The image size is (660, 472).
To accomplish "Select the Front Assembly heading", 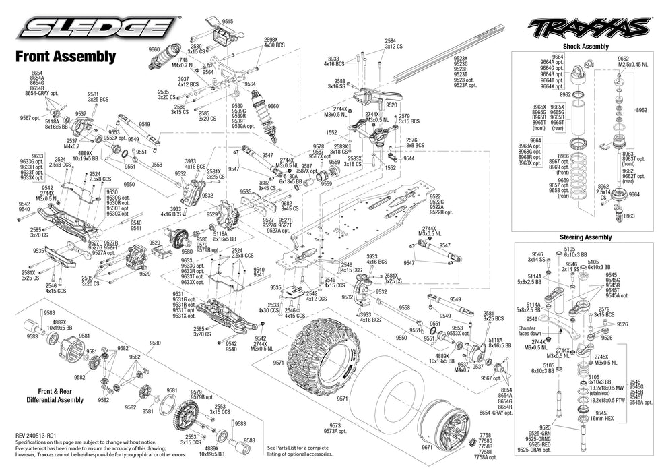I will click(65, 57).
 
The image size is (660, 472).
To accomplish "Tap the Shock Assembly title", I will click(585, 47).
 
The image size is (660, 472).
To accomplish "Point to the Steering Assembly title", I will click(585, 237).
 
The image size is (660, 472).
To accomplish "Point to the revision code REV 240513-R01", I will click(44, 436).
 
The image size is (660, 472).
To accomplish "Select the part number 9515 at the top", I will click(227, 22).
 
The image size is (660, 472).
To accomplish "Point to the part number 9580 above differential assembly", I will click(156, 343).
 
